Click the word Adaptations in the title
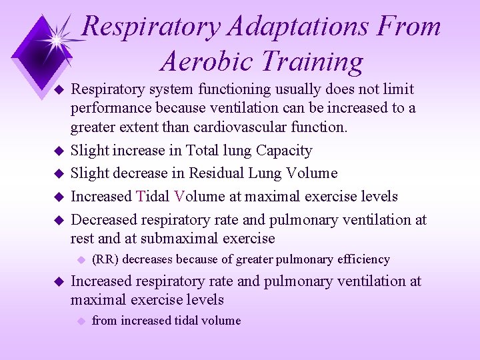294,27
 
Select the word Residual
219,173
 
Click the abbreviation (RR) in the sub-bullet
105,259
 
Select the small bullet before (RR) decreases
80,259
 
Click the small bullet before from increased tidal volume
80,321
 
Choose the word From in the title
408,27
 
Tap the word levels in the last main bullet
203,299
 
